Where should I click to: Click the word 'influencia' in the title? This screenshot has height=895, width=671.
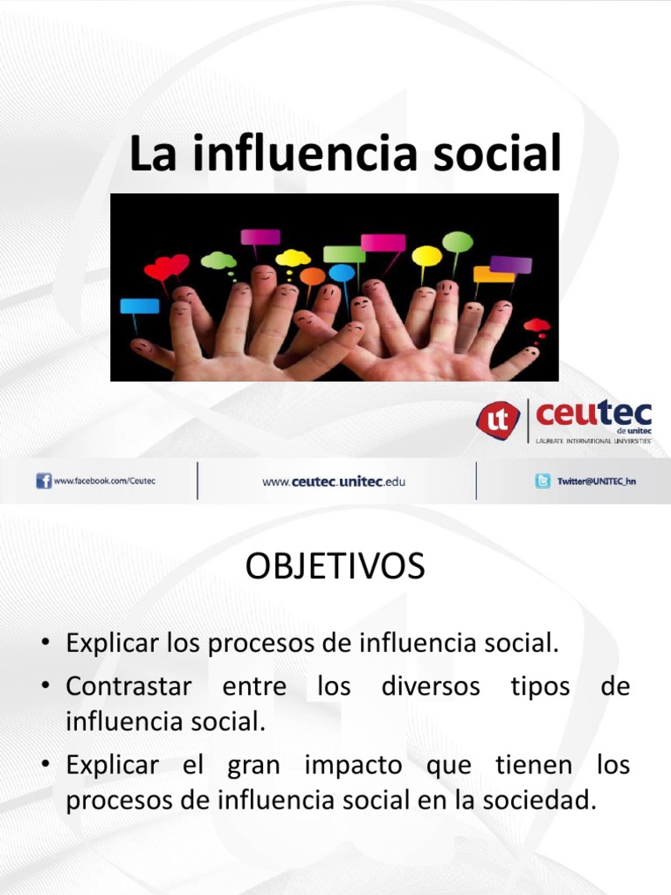click(334, 155)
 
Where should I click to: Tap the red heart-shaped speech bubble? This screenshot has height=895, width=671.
click(166, 267)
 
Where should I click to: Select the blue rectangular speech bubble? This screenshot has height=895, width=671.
click(140, 306)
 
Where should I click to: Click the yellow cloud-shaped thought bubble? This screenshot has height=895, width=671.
click(293, 258)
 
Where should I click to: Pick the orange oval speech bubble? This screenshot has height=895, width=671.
click(312, 276)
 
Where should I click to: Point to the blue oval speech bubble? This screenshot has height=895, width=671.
click(342, 273)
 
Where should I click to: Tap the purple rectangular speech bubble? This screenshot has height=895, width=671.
click(511, 264)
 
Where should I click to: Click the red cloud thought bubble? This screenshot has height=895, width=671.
click(536, 326)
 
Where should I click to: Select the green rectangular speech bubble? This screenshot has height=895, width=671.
click(344, 253)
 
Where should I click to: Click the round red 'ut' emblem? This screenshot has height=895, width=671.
click(498, 419)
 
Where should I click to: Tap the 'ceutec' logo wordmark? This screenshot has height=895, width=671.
click(594, 413)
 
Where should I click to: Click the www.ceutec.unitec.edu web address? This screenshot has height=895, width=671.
click(334, 482)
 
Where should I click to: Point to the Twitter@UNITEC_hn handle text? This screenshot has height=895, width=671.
click(597, 482)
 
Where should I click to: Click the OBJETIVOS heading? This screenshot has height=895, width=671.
click(335, 567)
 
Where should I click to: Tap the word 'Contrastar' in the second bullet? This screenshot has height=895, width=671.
click(128, 686)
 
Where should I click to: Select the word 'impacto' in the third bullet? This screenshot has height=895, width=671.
click(353, 765)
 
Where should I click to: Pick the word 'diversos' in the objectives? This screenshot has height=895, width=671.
click(431, 686)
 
